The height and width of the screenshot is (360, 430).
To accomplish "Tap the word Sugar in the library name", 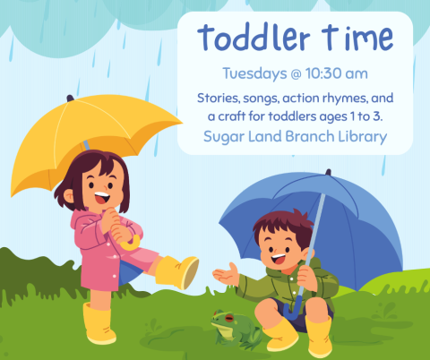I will coord(229,137).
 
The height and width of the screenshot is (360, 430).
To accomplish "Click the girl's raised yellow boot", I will coord(178,271).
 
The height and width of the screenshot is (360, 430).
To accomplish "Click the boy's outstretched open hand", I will coord(228,275).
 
